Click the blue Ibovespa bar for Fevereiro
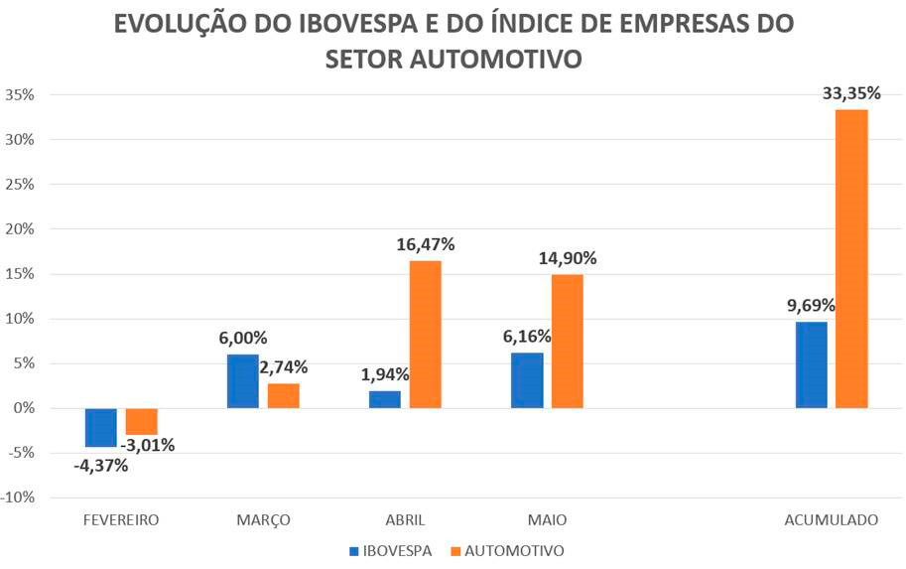(100, 427)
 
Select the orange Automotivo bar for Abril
(426, 334)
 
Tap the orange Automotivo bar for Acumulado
(851, 258)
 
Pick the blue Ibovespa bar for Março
(242, 380)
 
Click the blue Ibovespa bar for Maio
(527, 379)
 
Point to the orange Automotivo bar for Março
(284, 395)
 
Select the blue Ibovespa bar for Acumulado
(811, 364)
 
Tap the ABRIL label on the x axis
(405, 519)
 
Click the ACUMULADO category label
(831, 519)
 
